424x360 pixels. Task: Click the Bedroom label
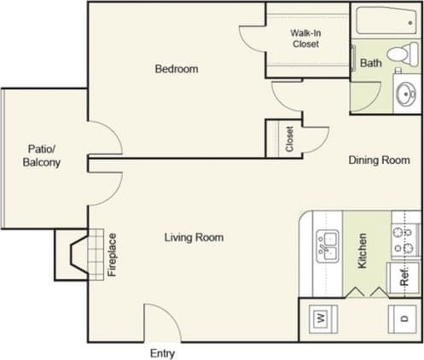176,69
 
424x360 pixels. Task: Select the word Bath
370,63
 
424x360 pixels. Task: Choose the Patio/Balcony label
41,156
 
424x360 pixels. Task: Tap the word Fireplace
112,255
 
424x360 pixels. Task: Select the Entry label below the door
162,352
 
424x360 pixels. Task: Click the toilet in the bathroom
398,55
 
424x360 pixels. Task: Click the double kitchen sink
328,247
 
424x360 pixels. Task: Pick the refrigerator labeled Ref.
403,277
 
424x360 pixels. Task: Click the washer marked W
322,318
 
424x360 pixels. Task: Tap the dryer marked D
403,318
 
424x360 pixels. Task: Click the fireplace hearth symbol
79,254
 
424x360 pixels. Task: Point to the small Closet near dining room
289,139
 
